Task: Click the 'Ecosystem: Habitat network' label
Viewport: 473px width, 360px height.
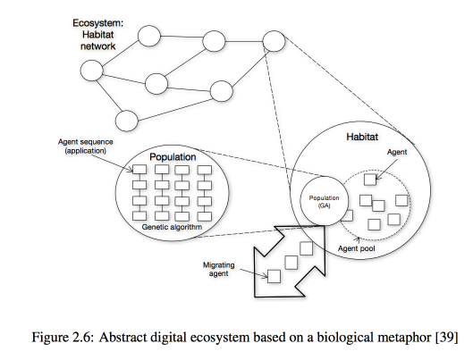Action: (x=98, y=35)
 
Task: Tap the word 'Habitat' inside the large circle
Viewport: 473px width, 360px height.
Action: (x=362, y=137)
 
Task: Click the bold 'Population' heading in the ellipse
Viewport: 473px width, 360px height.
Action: (x=173, y=157)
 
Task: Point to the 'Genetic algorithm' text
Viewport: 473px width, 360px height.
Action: (x=172, y=227)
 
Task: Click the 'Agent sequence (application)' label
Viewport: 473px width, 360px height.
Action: (x=85, y=147)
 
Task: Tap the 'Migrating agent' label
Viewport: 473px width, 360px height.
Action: (x=219, y=269)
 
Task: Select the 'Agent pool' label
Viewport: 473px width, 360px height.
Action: (x=356, y=248)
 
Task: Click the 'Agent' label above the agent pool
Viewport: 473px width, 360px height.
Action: (x=397, y=152)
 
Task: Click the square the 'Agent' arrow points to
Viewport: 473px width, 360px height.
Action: (x=370, y=180)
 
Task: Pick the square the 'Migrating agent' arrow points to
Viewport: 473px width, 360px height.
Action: (x=274, y=276)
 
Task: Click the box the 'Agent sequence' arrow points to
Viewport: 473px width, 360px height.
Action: (x=139, y=170)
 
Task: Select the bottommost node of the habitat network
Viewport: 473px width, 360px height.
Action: (x=127, y=121)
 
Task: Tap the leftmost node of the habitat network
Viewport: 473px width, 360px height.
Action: (x=92, y=71)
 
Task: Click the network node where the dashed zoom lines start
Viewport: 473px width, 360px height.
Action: (x=274, y=41)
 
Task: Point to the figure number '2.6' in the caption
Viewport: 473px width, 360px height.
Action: (x=81, y=337)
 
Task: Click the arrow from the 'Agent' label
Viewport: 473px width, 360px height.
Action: (x=387, y=169)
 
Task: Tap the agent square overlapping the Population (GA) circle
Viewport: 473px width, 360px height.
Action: (x=348, y=215)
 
